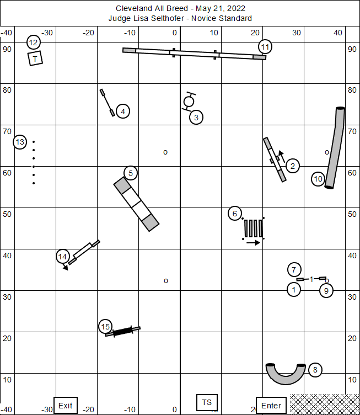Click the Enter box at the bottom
271,405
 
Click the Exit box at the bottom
66,405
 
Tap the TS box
207,402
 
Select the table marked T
35,58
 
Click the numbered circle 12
34,42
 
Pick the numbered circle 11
265,47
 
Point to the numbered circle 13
20,142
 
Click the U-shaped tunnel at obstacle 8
285,376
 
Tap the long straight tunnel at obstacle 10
335,148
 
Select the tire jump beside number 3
189,101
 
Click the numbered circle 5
131,173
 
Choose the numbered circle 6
235,214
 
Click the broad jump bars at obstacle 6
254,228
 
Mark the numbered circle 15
105,327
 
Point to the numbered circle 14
63,257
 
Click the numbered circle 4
123,111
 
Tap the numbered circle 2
293,166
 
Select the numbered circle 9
326,290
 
